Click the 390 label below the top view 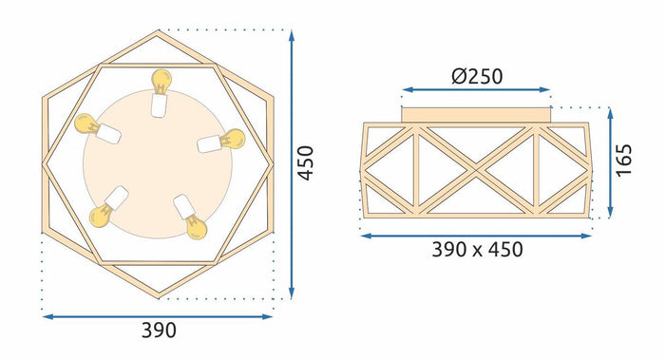159,331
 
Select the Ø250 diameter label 476,75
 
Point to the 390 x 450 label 477,250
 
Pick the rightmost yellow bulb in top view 233,138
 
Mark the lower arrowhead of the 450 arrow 292,295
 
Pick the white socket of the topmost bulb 160,103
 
